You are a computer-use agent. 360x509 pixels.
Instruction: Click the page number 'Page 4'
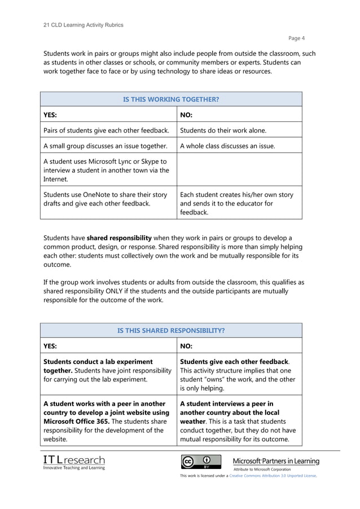coord(297,38)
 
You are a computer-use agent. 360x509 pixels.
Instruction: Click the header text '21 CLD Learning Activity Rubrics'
coord(83,25)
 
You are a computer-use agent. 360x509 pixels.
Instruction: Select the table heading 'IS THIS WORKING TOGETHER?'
coord(171,99)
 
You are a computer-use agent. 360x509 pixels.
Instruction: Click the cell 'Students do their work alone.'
coord(223,130)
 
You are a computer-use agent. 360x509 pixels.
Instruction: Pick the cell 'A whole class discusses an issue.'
coord(227,146)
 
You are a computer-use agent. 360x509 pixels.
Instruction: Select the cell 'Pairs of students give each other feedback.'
coord(106,130)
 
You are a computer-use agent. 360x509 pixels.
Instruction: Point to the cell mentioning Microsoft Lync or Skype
coord(106,170)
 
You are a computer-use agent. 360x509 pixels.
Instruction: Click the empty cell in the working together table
coord(238,169)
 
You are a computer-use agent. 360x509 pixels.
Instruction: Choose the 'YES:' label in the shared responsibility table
coord(50,346)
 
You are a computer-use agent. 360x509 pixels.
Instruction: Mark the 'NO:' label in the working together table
coord(186,115)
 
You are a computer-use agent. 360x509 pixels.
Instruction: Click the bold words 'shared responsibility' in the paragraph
coord(119,238)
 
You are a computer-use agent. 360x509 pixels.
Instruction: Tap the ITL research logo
coord(74,462)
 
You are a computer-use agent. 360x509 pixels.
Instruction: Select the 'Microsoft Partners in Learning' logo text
coord(276,461)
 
